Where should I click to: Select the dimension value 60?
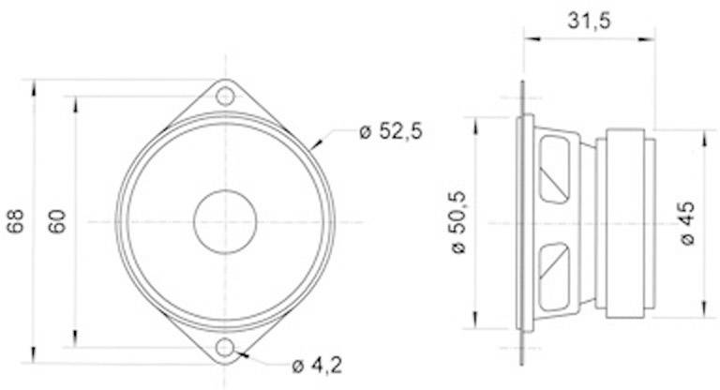click(x=57, y=222)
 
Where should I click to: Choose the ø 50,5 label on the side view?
click(x=458, y=222)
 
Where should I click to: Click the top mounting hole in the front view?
click(x=225, y=96)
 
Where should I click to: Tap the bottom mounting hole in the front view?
click(x=225, y=349)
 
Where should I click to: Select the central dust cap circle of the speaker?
click(x=225, y=222)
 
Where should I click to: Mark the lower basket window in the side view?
click(x=555, y=276)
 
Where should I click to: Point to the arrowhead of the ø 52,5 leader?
click(x=313, y=149)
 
